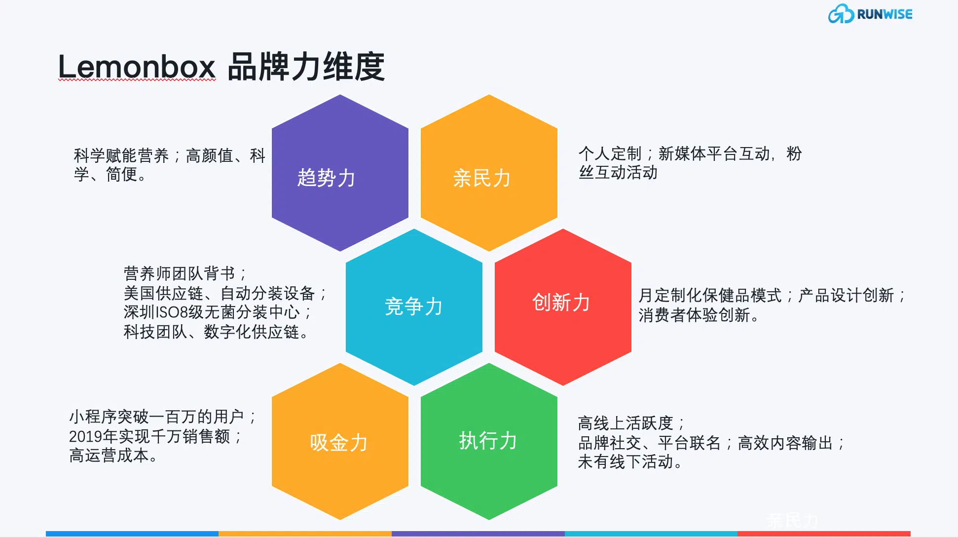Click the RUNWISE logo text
pos(884,14)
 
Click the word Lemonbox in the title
pos(137,67)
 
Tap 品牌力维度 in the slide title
pos(306,67)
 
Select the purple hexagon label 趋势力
pos(326,178)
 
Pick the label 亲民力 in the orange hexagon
pos(481,178)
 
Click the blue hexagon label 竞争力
pos(413,307)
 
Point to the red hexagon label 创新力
pos(561,302)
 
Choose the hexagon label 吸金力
pos(338,443)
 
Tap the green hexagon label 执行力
pos(488,441)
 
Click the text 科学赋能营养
pos(121,155)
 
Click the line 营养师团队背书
pos(179,273)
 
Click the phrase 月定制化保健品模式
pos(710,295)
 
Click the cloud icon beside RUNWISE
pos(841,14)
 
